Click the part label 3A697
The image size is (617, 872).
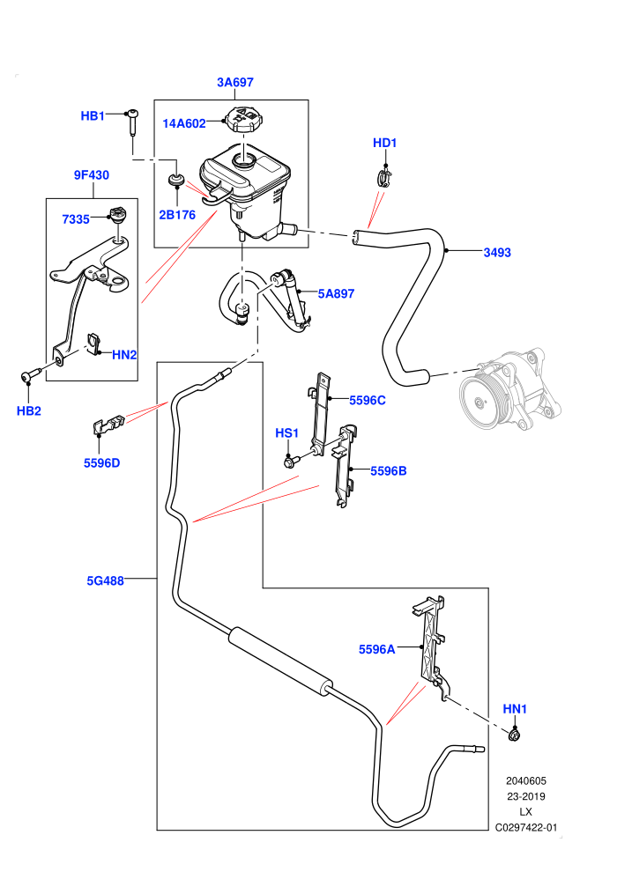pyautogui.click(x=234, y=82)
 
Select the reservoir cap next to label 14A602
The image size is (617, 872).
pyautogui.click(x=241, y=119)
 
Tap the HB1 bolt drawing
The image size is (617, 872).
pyautogui.click(x=132, y=122)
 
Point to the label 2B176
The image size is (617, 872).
pyautogui.click(x=177, y=215)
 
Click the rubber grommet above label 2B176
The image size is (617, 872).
pyautogui.click(x=177, y=181)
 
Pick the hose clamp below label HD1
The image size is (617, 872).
pyautogui.click(x=384, y=176)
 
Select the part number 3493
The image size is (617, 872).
pyautogui.click(x=497, y=253)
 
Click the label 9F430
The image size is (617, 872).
pyautogui.click(x=92, y=175)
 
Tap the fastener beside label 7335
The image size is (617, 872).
pyautogui.click(x=118, y=213)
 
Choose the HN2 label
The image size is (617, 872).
pyautogui.click(x=124, y=355)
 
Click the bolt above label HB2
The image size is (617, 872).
pyautogui.click(x=32, y=376)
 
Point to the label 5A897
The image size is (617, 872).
pyautogui.click(x=336, y=293)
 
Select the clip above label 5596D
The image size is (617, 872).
pyautogui.click(x=107, y=425)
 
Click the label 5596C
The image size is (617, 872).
pyautogui.click(x=368, y=401)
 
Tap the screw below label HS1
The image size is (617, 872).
pyautogui.click(x=291, y=461)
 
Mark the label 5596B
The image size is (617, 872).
pyautogui.click(x=389, y=471)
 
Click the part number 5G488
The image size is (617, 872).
pyautogui.click(x=105, y=581)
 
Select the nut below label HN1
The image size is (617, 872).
pyautogui.click(x=514, y=735)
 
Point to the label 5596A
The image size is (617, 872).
pyautogui.click(x=376, y=649)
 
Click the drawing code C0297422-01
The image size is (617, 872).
pyautogui.click(x=525, y=827)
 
